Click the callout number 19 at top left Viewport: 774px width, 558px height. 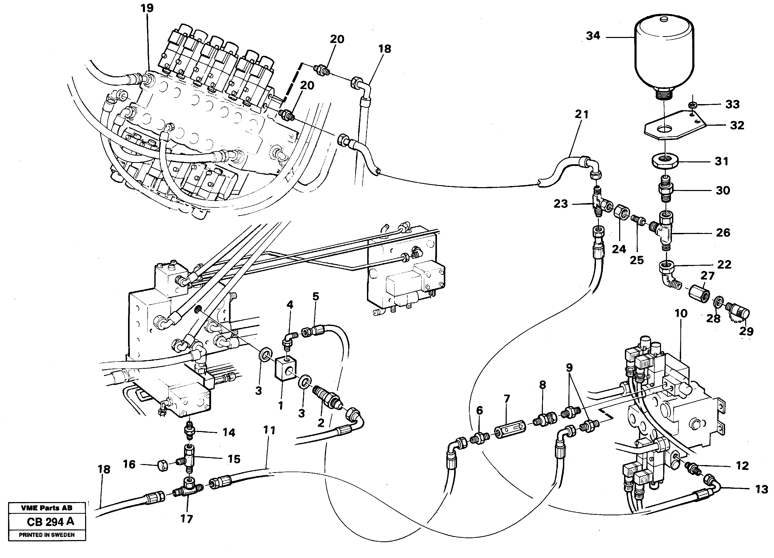tap(147, 8)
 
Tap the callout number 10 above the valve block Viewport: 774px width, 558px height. tap(681, 313)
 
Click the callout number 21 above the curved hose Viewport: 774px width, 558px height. tap(581, 114)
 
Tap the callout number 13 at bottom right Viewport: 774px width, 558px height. tap(761, 489)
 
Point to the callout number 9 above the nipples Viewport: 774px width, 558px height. tap(569, 367)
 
